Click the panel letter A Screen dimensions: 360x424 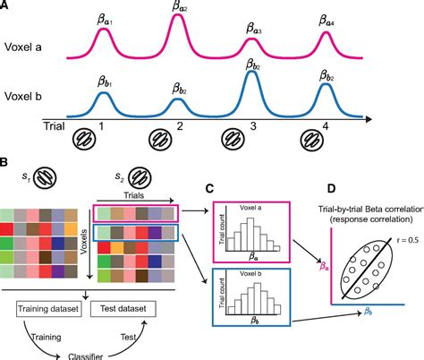coord(6,6)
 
